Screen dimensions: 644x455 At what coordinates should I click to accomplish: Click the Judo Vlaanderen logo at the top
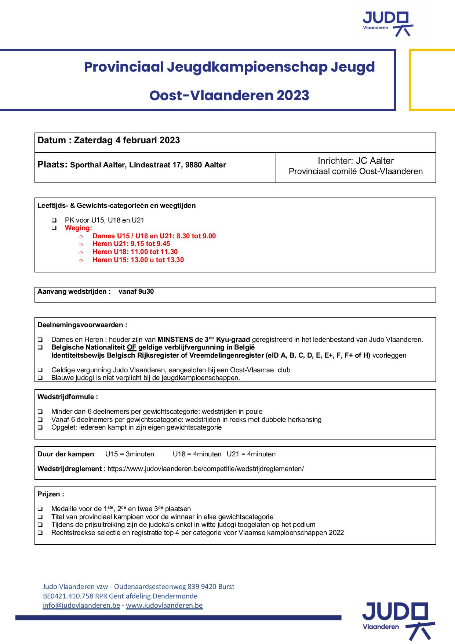pyautogui.click(x=387, y=23)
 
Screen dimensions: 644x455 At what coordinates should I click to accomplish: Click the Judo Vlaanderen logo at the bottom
pyautogui.click(x=398, y=621)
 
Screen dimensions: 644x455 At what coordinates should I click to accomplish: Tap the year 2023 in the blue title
pyautogui.click(x=293, y=95)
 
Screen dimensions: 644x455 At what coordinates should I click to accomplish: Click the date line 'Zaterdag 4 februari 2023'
pyautogui.click(x=127, y=140)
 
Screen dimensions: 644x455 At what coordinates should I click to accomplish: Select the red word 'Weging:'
pyautogui.click(x=79, y=228)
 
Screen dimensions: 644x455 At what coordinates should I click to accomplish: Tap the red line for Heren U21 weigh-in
pyautogui.click(x=131, y=244)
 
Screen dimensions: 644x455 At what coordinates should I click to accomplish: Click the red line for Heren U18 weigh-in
pyautogui.click(x=135, y=252)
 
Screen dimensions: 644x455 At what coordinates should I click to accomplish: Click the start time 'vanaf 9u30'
pyautogui.click(x=136, y=292)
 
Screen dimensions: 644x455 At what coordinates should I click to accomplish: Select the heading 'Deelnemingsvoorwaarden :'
pyautogui.click(x=83, y=325)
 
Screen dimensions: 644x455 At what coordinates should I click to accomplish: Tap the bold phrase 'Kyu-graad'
pyautogui.click(x=233, y=340)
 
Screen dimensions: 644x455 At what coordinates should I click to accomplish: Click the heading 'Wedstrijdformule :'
pyautogui.click(x=68, y=397)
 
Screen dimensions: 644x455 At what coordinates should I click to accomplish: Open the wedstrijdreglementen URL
pyautogui.click(x=205, y=469)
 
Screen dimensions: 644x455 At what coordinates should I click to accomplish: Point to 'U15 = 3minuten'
pyautogui.click(x=130, y=454)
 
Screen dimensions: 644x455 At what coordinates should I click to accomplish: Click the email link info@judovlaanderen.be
pyautogui.click(x=81, y=605)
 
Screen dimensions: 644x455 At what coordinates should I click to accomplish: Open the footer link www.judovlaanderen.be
pyautogui.click(x=164, y=605)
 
